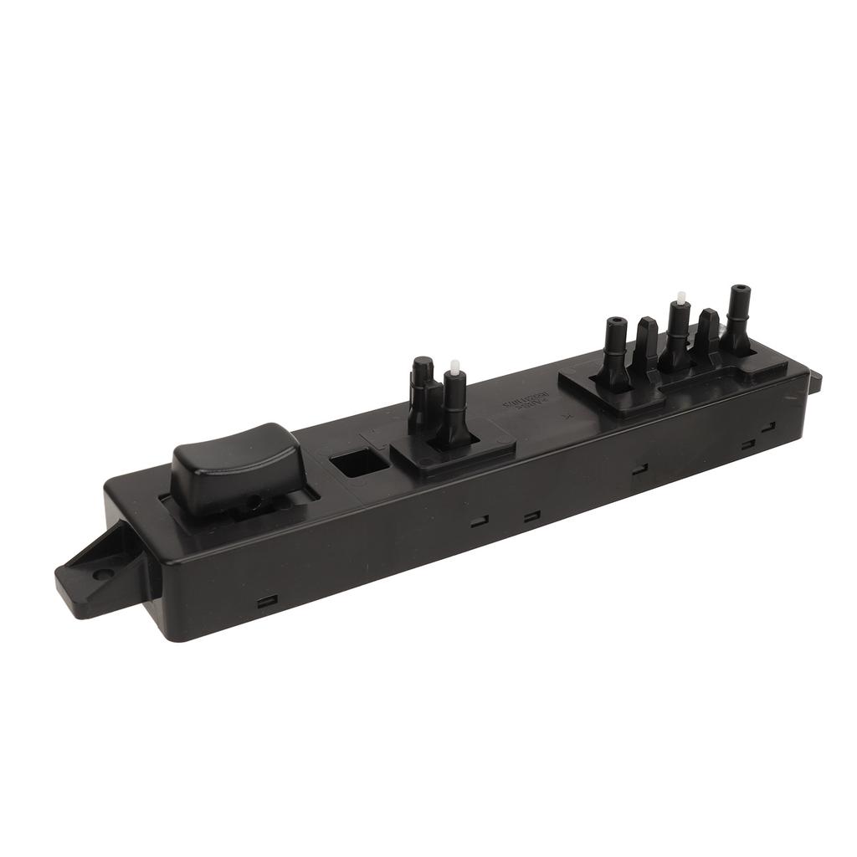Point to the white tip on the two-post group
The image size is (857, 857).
(454, 366)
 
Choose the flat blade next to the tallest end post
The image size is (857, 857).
(708, 336)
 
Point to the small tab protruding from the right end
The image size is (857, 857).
(815, 382)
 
